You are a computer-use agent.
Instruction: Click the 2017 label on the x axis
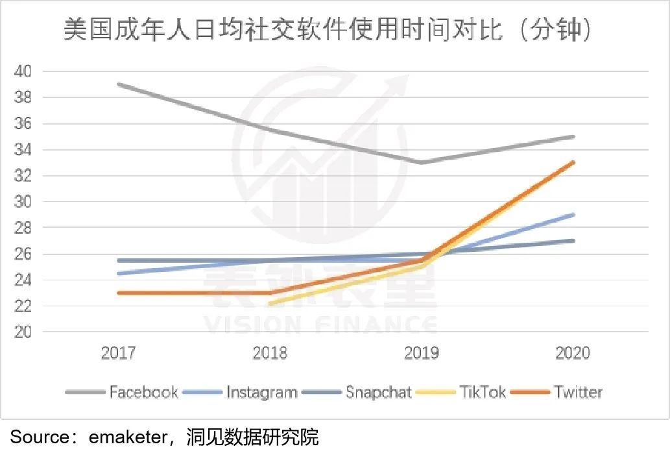118,353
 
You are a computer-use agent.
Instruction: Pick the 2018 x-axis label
270,353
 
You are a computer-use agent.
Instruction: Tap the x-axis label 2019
422,353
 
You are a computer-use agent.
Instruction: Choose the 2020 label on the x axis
573,353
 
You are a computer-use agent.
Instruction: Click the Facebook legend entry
143,393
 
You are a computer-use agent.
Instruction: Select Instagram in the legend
261,393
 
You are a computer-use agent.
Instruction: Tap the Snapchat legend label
379,393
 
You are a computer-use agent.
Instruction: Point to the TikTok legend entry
482,393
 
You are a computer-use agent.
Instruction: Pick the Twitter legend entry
578,393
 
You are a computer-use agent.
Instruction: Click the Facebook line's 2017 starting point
118,84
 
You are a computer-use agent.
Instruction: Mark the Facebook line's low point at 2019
422,162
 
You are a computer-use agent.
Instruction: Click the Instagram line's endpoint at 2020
573,215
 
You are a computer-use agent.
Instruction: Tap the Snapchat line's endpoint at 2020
573,241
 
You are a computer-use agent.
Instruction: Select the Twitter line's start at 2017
118,293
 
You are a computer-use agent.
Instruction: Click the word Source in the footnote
39,437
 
